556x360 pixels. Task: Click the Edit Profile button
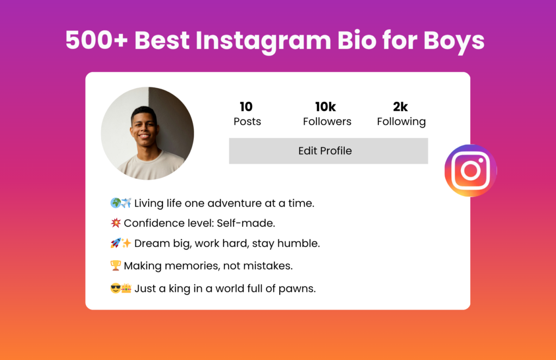[328, 151]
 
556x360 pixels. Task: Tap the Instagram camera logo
[471, 170]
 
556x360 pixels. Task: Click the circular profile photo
[148, 134]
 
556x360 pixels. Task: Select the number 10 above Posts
[246, 107]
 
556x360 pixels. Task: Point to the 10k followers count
[326, 107]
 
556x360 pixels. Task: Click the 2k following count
[400, 107]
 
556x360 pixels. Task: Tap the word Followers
[327, 122]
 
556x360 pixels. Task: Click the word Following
[401, 122]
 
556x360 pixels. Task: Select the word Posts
[247, 122]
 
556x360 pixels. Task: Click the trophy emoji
[116, 266]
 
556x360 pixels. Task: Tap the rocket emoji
[116, 243]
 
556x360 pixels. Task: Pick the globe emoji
[116, 203]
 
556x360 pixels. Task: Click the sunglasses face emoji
[116, 288]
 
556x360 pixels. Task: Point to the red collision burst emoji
[116, 223]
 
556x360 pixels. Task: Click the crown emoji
[126, 288]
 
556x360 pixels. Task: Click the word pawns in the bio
[297, 289]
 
